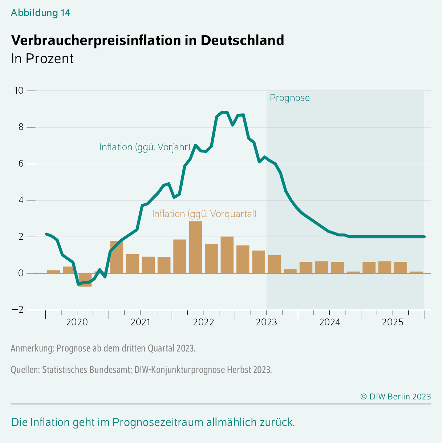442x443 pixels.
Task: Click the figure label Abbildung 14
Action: pos(40,13)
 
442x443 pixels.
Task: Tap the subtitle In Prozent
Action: pos(42,59)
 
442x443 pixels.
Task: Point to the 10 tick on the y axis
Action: pos(19,90)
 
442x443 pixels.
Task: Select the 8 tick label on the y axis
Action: pos(21,127)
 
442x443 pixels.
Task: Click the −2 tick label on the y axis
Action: pos(18,310)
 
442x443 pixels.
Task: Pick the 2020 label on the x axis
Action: pos(77,322)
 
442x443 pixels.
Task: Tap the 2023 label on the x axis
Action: pos(266,322)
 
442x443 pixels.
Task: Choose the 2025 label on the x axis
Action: pos(393,322)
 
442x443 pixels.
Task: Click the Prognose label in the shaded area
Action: pos(289,98)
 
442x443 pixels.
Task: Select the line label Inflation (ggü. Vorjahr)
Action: pos(145,147)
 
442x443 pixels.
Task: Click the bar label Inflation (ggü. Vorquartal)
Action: pos(204,214)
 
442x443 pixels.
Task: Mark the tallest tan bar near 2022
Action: pos(195,247)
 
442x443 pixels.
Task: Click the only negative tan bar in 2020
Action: pos(85,280)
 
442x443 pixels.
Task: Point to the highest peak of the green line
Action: pos(222,112)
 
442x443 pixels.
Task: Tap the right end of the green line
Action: pos(423,237)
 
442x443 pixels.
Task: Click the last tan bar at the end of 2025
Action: pos(416,272)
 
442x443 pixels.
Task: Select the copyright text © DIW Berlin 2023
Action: pos(395,397)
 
